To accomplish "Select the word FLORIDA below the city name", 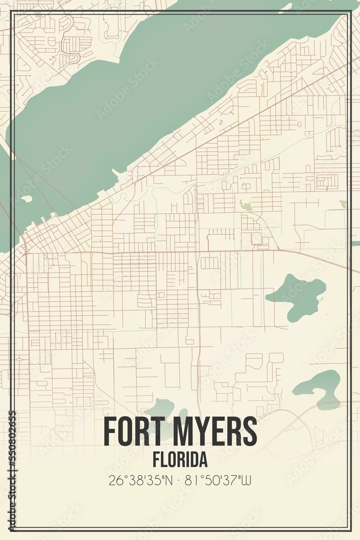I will (x=179, y=460).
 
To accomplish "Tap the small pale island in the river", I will (x=26, y=199).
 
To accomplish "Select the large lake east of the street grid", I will (x=298, y=296).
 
